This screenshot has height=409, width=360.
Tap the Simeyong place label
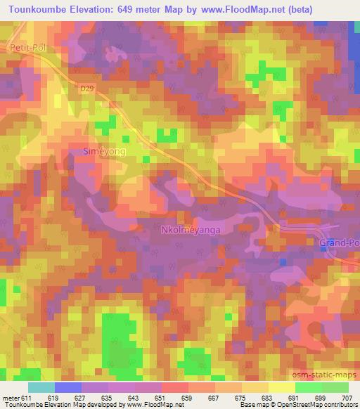click(x=105, y=151)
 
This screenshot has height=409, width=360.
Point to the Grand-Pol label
click(x=338, y=243)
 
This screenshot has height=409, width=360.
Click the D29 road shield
click(x=86, y=88)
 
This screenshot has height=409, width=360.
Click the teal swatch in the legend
click(x=41, y=387)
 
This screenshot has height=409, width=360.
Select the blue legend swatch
click(x=68, y=387)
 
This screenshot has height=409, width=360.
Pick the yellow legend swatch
click(x=282, y=387)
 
